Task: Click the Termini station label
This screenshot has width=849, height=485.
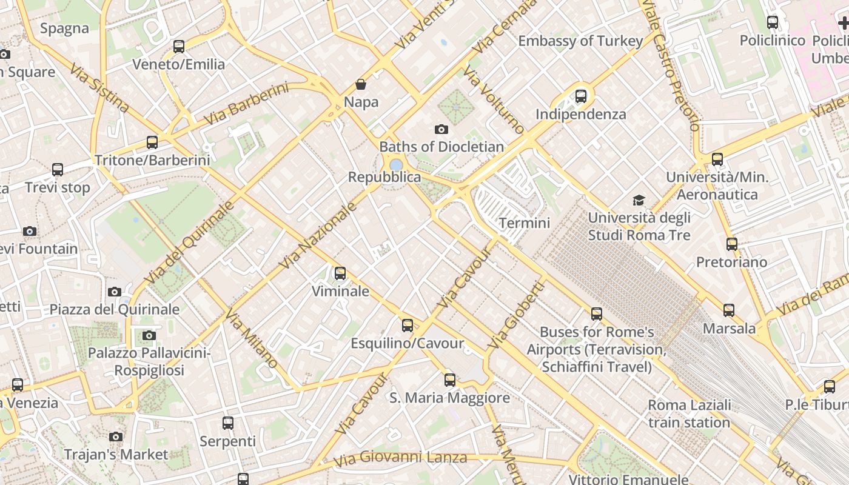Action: [524, 222]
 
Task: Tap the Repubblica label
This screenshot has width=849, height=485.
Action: [384, 177]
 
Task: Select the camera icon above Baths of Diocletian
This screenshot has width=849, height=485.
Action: [441, 129]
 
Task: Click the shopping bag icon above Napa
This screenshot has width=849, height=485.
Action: [361, 84]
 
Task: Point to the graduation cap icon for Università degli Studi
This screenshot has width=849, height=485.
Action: [639, 200]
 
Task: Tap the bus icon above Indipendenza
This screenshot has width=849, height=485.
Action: [580, 96]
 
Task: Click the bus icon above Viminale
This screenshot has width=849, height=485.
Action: [340, 273]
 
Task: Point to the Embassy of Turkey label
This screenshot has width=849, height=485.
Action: [580, 41]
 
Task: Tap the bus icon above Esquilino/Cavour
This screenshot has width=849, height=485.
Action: [408, 326]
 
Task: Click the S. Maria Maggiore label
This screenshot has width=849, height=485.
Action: [449, 398]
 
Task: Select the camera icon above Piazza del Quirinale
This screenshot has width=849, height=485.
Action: [115, 292]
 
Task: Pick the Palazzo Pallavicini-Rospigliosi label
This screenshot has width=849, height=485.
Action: [149, 361]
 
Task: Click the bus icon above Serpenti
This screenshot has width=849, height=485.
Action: [228, 423]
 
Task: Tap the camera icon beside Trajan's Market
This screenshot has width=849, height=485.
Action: [116, 436]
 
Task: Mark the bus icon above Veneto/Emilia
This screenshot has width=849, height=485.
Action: [178, 47]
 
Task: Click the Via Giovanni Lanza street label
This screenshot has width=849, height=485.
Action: [400, 458]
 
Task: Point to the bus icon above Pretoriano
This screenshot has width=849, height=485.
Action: [732, 244]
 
